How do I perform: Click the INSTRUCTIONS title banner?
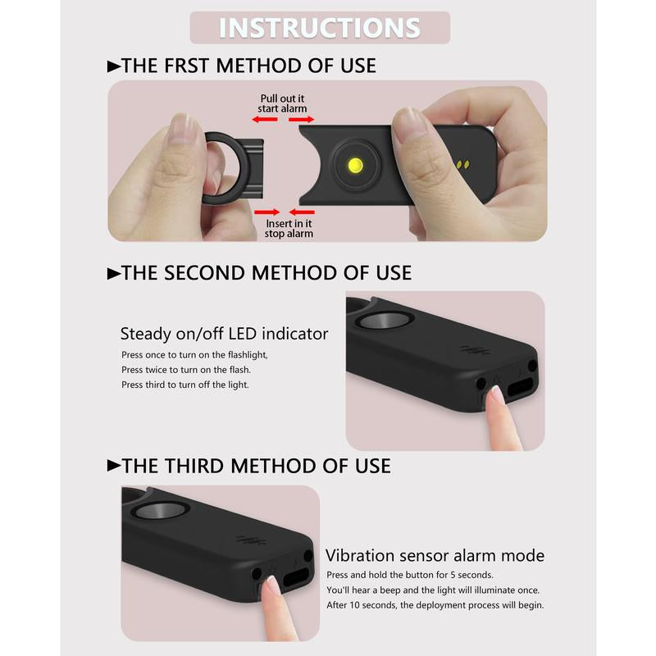point(320,28)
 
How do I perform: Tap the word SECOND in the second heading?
point(204,273)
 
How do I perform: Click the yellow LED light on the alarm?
point(356,166)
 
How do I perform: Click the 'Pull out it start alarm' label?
point(282,103)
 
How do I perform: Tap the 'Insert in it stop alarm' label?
point(289,229)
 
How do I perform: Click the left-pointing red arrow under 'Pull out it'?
point(265,120)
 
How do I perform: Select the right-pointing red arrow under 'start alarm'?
point(301,120)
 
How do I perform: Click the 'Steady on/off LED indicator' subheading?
point(224,334)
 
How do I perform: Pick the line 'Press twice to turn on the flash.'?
point(186,370)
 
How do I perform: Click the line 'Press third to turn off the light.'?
point(185,385)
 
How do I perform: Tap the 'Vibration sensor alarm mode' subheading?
point(435,556)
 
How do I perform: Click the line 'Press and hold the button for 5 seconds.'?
point(410,575)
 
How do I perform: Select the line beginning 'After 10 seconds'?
point(435,605)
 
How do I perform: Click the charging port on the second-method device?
point(521,387)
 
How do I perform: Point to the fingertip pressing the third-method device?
point(272,585)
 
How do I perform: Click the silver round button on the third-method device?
point(161,511)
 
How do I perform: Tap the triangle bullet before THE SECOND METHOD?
point(114,274)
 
